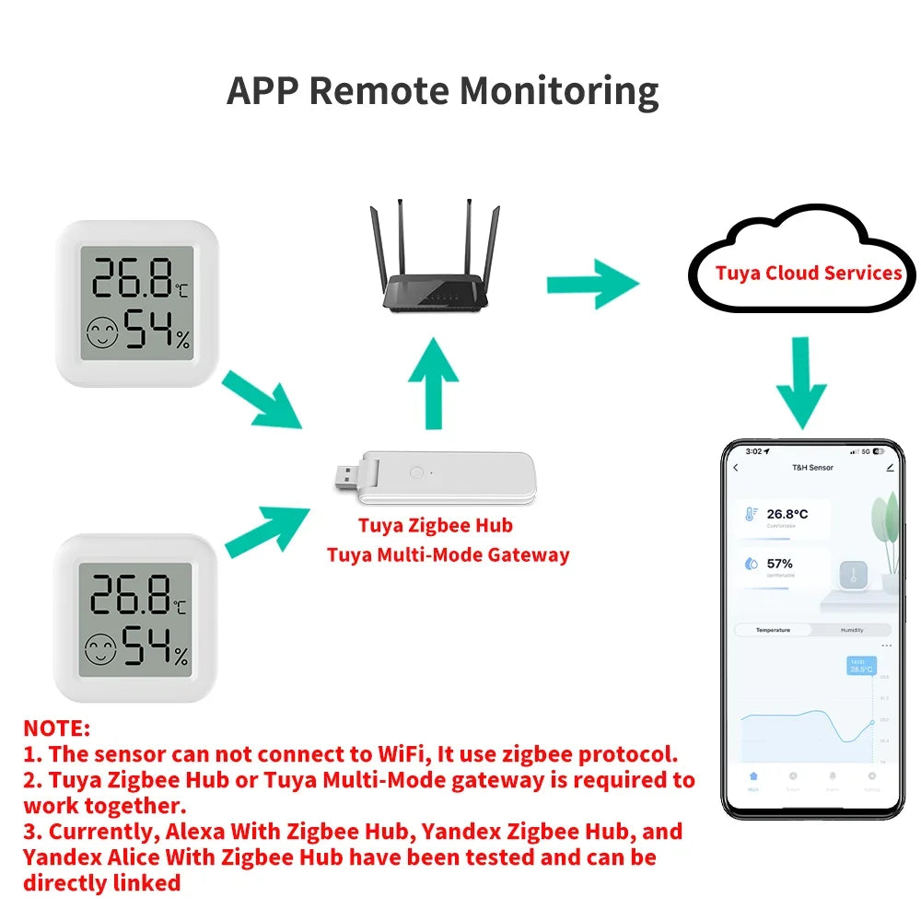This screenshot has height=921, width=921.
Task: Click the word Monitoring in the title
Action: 559,91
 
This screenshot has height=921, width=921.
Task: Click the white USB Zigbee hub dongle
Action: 433,478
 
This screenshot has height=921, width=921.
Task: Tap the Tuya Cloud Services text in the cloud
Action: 808,274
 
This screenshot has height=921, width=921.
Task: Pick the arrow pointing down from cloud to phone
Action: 800,382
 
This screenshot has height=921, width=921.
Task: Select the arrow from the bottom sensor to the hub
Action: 264,531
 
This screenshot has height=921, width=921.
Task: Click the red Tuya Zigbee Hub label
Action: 435,526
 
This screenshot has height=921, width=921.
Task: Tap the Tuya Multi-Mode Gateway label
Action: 448,554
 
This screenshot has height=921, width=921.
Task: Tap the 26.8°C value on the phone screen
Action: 787,514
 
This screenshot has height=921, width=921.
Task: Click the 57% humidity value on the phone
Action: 779,563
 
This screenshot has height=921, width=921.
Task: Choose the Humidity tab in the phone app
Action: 851,630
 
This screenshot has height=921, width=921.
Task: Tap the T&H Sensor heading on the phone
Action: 812,468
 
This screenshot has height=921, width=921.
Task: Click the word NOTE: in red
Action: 57,729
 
